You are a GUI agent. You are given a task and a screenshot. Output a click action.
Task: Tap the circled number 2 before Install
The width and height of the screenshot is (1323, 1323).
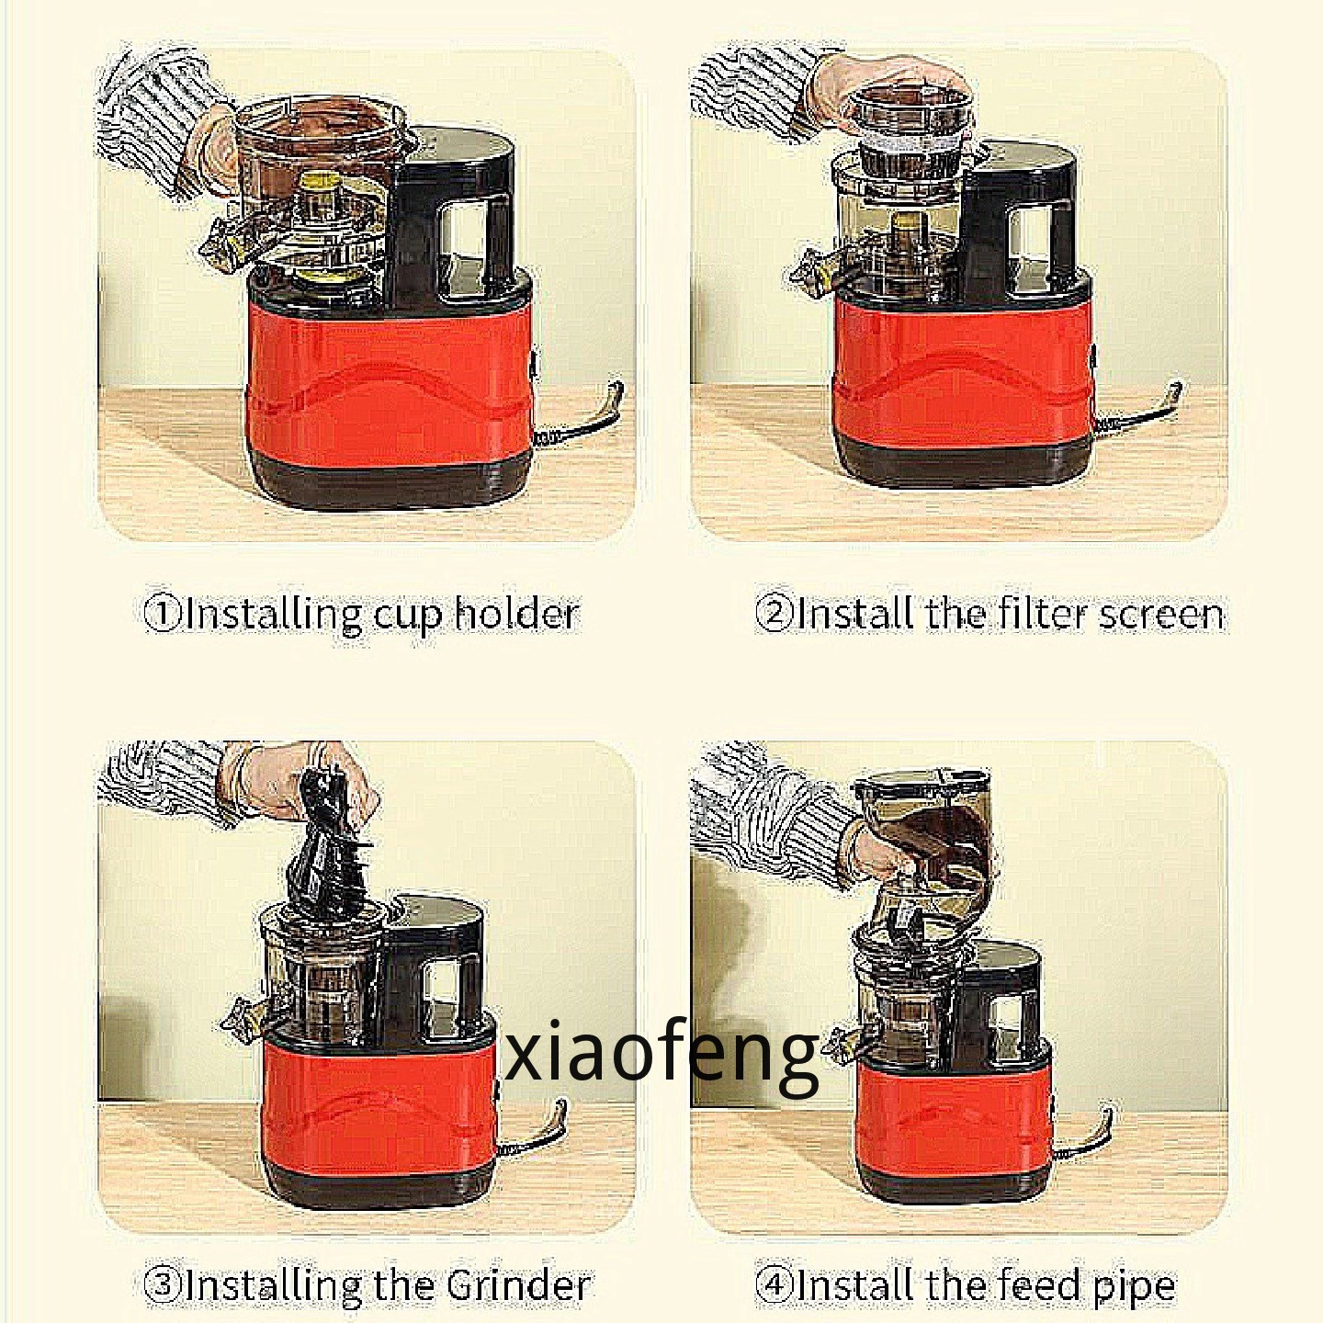point(774,614)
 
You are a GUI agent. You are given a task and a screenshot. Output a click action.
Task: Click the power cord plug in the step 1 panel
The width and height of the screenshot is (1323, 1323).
point(609,406)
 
